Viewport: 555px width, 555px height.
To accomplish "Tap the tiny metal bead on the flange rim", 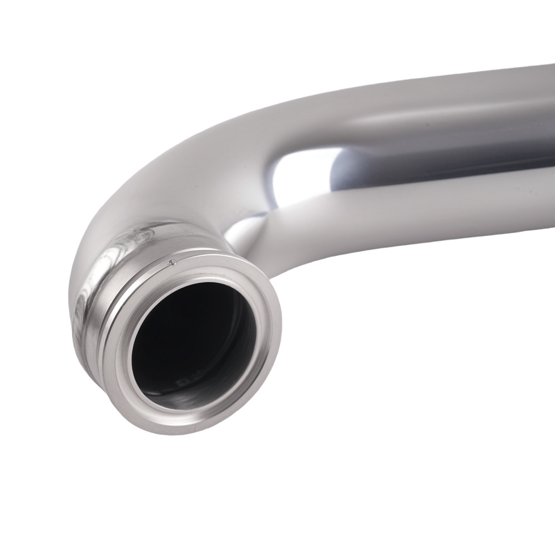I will pyautogui.click(x=172, y=262).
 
